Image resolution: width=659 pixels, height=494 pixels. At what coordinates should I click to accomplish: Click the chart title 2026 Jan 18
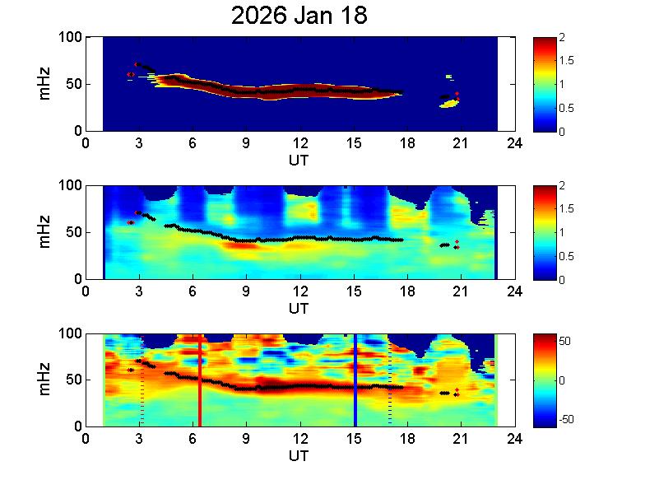click(299, 16)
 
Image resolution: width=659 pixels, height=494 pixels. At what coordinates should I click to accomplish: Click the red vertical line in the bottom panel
click(199, 380)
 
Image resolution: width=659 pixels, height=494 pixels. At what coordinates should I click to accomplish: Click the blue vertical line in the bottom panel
click(355, 380)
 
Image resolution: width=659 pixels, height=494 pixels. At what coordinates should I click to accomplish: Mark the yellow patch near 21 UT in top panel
click(448, 104)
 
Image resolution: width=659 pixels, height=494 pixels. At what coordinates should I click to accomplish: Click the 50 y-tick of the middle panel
click(76, 232)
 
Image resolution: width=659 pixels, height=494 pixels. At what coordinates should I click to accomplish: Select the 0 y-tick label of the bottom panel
click(79, 426)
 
